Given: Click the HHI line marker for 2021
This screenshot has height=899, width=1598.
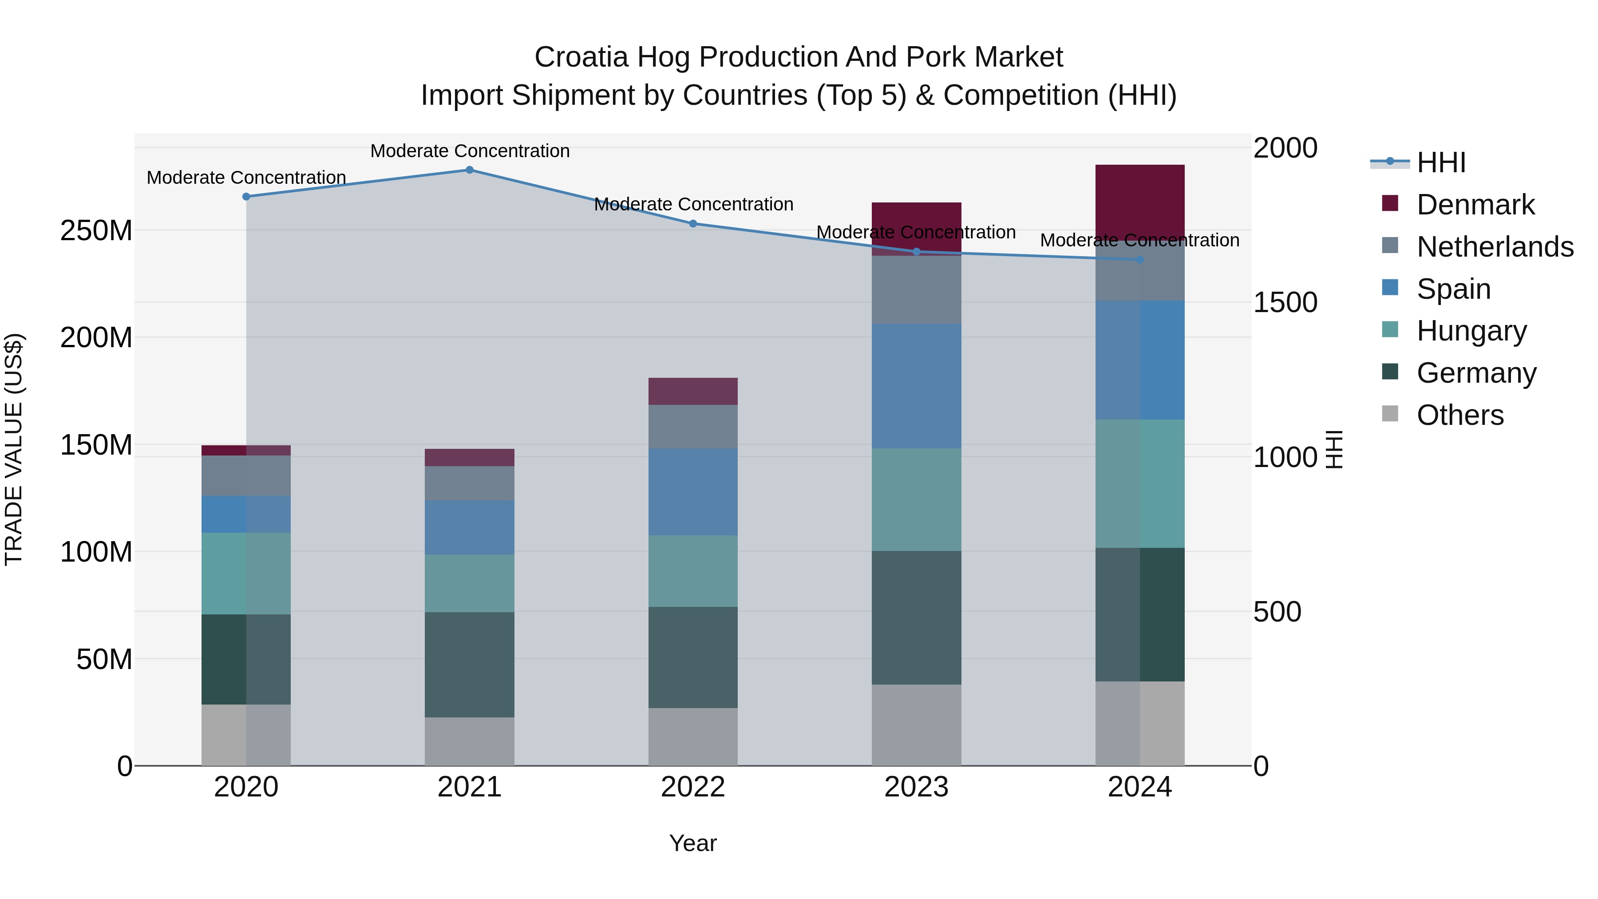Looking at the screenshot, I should tap(470, 170).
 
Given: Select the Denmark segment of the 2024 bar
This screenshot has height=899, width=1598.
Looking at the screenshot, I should tap(1140, 198).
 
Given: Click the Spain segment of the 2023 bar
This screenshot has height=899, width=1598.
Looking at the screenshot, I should tap(916, 386).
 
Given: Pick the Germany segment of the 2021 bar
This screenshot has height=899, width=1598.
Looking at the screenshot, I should tap(470, 665).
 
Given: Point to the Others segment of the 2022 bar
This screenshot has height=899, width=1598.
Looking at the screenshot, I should tap(693, 737).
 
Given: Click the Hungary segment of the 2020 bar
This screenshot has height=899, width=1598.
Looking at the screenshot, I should tap(246, 573).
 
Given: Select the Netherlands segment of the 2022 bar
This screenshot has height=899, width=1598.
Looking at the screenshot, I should tap(693, 427).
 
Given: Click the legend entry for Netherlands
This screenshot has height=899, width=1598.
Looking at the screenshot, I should tap(1495, 247).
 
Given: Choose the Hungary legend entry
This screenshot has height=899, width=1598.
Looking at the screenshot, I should tap(1471, 331).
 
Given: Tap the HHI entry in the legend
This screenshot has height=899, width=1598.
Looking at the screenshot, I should tap(1441, 162).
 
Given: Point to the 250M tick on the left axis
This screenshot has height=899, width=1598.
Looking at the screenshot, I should tap(96, 231).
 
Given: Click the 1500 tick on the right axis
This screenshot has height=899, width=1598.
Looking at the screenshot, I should tap(1285, 303).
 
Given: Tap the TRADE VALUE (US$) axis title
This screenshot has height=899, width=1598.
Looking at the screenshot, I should tap(14, 449).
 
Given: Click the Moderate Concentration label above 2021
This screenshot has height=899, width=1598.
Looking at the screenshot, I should tap(470, 151).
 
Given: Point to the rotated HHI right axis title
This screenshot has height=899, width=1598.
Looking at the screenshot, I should tap(1334, 449).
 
